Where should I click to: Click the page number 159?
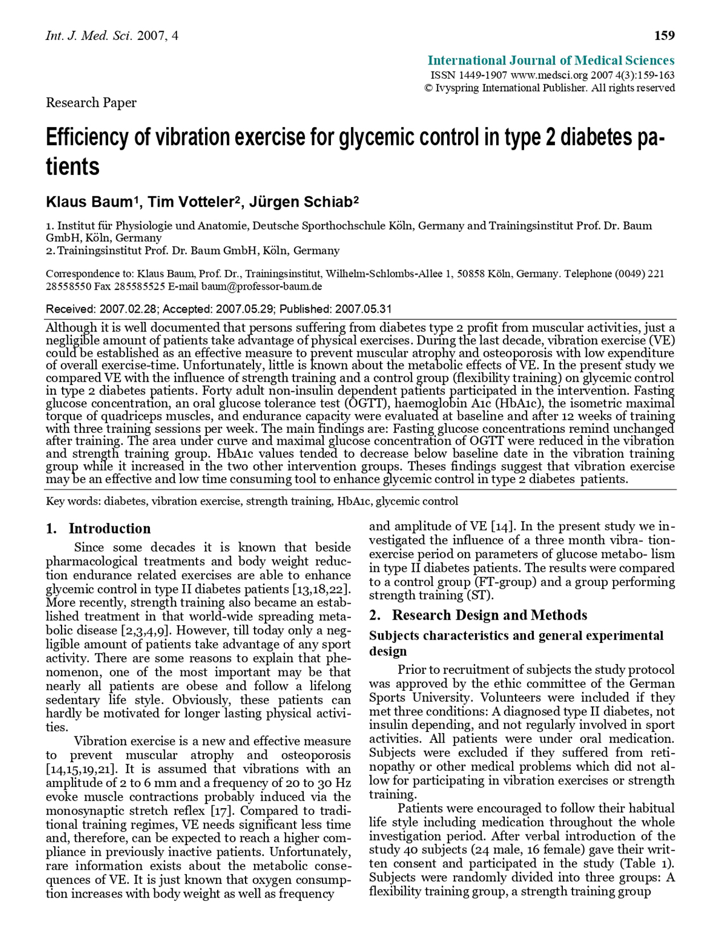click(x=664, y=36)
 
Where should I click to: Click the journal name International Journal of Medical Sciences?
click(x=551, y=60)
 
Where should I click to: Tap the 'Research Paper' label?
click(x=91, y=103)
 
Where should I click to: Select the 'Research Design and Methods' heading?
click(x=489, y=615)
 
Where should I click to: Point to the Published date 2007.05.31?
click(x=363, y=309)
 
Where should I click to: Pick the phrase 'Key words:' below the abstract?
click(x=73, y=502)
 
